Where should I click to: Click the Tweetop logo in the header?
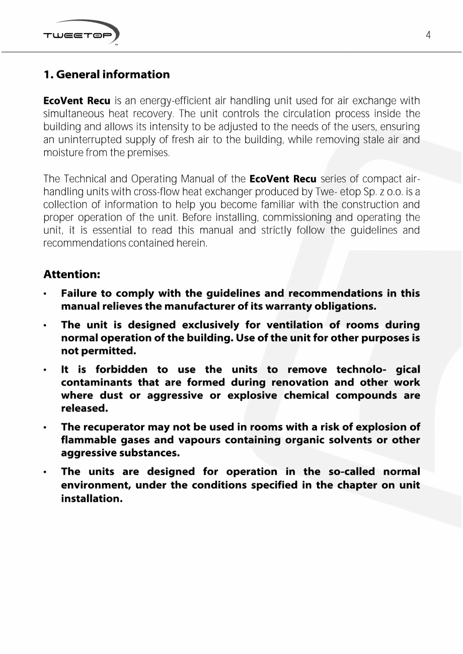[82, 34]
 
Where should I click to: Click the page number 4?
[428, 35]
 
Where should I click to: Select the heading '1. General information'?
[107, 74]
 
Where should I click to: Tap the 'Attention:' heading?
[72, 274]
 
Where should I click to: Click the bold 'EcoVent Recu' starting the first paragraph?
[76, 101]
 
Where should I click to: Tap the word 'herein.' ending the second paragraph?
[193, 243]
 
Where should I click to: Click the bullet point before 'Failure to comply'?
[46, 293]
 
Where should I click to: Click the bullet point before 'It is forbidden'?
[46, 370]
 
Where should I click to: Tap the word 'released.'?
[85, 408]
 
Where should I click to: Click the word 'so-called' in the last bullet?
[347, 472]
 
